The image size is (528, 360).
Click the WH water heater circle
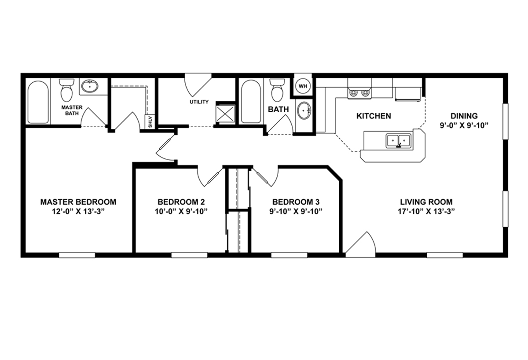(303, 86)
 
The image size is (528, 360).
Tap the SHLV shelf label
(150, 121)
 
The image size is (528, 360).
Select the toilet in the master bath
(66, 90)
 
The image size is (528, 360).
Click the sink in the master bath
(90, 86)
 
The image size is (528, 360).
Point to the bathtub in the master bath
(38, 102)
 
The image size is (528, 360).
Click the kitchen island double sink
(399, 141)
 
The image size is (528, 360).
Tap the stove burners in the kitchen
(359, 93)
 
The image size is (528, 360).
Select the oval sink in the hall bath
(304, 110)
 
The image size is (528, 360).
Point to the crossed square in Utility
(225, 114)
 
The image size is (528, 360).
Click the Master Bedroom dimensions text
(78, 212)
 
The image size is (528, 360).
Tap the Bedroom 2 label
(181, 202)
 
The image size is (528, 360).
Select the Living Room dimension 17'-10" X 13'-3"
(426, 212)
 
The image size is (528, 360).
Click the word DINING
(464, 116)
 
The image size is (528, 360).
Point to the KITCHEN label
(374, 116)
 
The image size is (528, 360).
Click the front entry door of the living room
(361, 245)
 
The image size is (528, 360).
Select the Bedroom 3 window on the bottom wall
(289, 255)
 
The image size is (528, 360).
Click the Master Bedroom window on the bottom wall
(77, 255)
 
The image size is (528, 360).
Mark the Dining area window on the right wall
(506, 121)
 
